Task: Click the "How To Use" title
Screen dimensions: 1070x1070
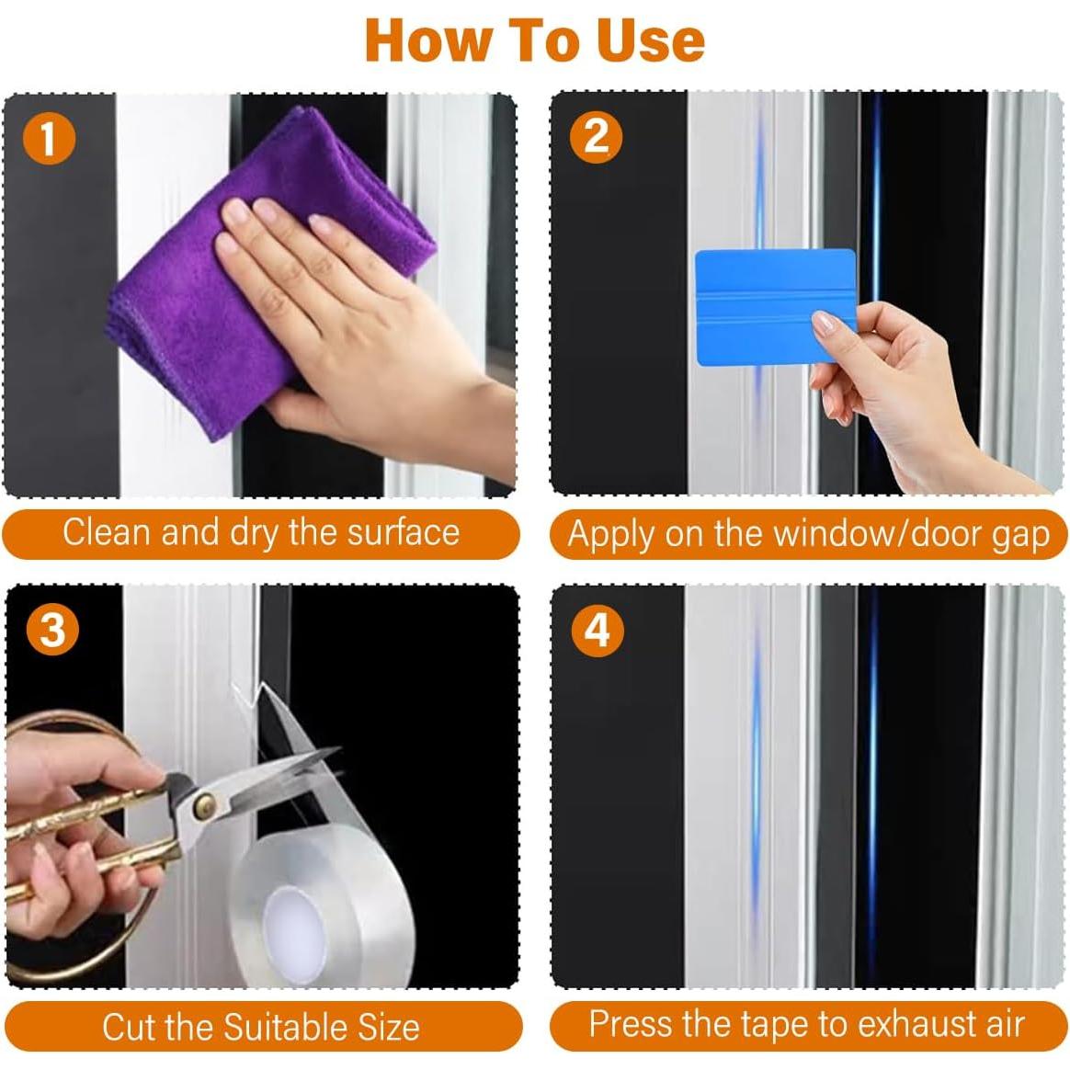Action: point(535,40)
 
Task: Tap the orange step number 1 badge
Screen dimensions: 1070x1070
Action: point(48,140)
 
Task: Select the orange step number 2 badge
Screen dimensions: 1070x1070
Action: point(596,137)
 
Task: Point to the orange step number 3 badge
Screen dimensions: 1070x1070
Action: point(52,632)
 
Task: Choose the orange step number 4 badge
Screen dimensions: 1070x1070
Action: point(597,631)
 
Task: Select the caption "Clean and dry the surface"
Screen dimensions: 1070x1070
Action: point(261,533)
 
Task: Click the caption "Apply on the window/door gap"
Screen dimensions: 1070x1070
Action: point(808,534)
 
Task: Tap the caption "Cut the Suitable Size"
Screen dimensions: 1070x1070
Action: point(261,1027)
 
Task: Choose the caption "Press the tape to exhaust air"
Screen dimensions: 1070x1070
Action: point(806,1024)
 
